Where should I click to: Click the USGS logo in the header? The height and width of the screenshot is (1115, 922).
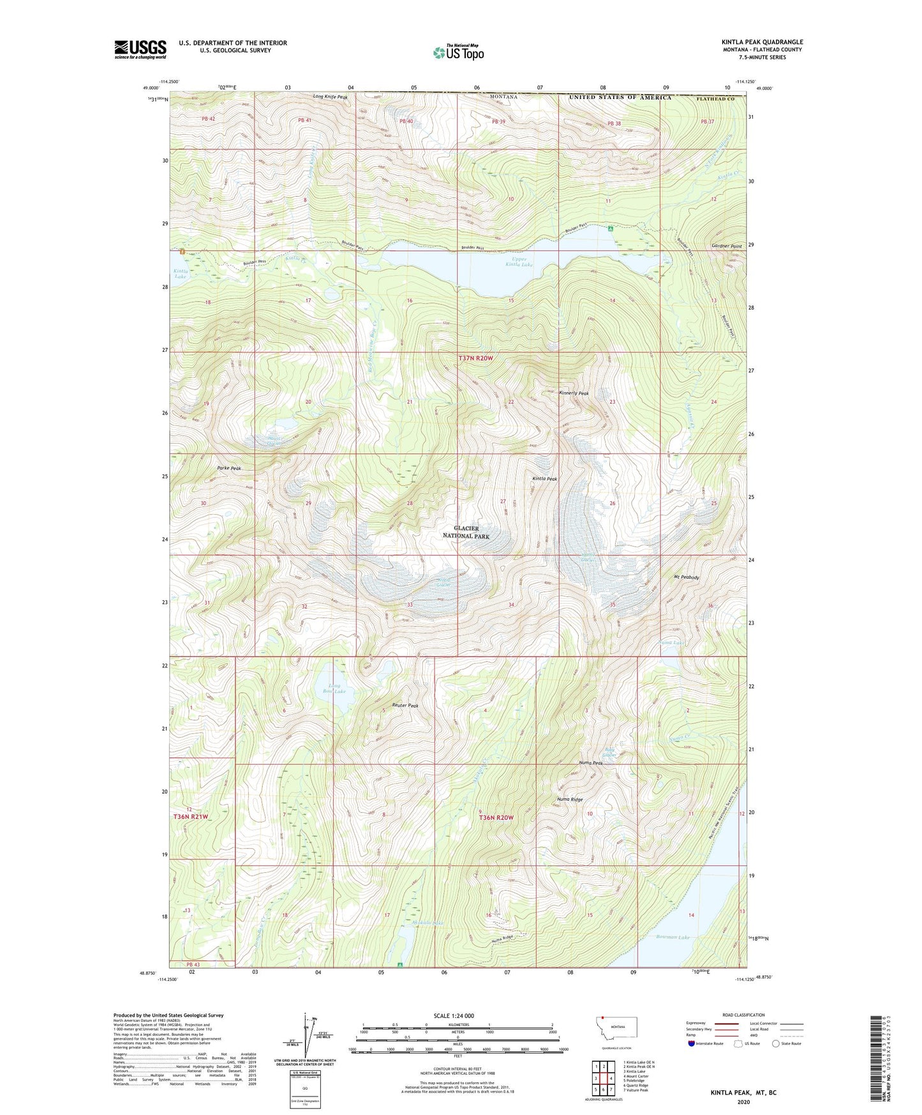click(140, 49)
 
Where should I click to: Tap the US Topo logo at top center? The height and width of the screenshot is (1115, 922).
click(458, 52)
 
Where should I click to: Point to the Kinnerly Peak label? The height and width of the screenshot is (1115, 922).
click(574, 393)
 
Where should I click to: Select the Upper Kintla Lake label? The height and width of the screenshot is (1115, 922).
click(519, 261)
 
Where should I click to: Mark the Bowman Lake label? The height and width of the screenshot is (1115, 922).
click(673, 937)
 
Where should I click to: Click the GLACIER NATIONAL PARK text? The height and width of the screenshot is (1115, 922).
click(466, 533)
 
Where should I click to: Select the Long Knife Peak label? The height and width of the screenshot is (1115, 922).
click(331, 97)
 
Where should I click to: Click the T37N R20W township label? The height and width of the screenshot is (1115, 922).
click(475, 359)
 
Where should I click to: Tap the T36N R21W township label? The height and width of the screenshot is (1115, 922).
click(191, 817)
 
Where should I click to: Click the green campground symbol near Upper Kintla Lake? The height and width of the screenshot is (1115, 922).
click(611, 228)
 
